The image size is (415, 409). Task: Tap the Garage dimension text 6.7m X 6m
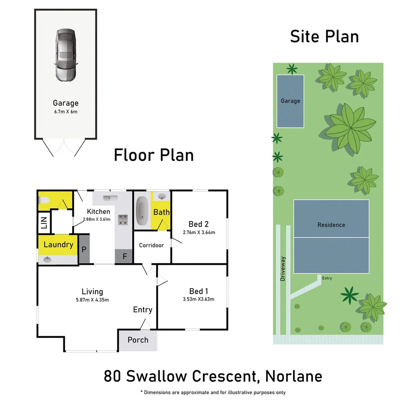click(x=65, y=112)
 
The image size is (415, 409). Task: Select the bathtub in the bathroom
click(x=142, y=211)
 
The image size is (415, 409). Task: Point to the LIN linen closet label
click(x=44, y=222)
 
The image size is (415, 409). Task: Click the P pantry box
click(x=84, y=249)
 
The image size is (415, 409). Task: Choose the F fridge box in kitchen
click(x=124, y=256)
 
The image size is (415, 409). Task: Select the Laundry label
click(x=58, y=245)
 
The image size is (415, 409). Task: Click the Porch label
click(x=138, y=340)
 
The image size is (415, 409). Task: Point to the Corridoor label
click(x=151, y=245)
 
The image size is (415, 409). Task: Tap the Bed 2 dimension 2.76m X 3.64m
click(x=199, y=232)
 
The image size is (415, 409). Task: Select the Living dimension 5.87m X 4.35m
click(x=92, y=300)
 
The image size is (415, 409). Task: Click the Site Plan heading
click(x=324, y=37)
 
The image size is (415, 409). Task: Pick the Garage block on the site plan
click(x=290, y=101)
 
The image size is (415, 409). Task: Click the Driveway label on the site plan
click(x=283, y=269)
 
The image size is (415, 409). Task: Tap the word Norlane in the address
click(x=294, y=376)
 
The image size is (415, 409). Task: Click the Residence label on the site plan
click(x=331, y=225)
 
